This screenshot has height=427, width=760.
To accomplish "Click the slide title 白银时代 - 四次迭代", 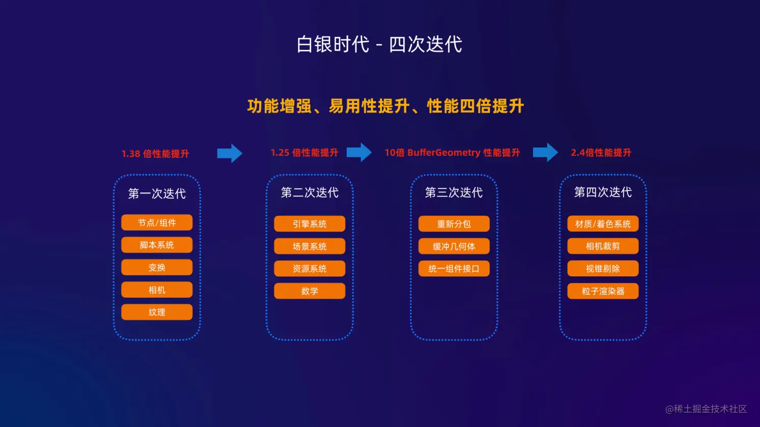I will pyautogui.click(x=379, y=44).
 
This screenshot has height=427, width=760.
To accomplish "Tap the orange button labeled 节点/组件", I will pyautogui.click(x=157, y=222).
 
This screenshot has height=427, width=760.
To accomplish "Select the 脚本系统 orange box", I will pyautogui.click(x=157, y=245).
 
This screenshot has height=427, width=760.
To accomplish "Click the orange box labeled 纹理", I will pyautogui.click(x=157, y=312).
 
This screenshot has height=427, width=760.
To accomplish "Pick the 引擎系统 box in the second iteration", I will pyautogui.click(x=310, y=224).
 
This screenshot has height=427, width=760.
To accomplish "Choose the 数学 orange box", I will pyautogui.click(x=310, y=291).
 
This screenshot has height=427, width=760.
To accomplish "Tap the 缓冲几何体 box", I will pyautogui.click(x=454, y=246).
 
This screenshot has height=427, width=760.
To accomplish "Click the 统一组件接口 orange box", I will pyautogui.click(x=454, y=269).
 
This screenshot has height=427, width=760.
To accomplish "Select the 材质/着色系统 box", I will pyautogui.click(x=603, y=224).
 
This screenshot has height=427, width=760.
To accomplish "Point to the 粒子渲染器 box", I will pyautogui.click(x=603, y=291).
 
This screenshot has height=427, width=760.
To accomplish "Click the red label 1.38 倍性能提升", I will pyautogui.click(x=155, y=154).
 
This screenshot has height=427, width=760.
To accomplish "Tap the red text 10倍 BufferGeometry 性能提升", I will pyautogui.click(x=452, y=153).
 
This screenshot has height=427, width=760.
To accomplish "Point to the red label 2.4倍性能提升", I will pyautogui.click(x=601, y=153).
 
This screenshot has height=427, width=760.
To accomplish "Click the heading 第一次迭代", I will pyautogui.click(x=157, y=193).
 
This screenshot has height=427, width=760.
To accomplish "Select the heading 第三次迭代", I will pyautogui.click(x=454, y=192).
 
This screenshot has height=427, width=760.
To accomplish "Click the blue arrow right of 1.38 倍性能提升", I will pyautogui.click(x=230, y=153).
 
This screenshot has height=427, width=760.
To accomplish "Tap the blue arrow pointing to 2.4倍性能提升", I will pyautogui.click(x=546, y=152).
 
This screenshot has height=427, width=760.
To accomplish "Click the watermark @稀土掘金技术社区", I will pyautogui.click(x=706, y=409).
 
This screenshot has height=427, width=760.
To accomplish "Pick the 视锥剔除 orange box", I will pyautogui.click(x=603, y=269).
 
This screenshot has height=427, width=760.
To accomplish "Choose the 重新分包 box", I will pyautogui.click(x=454, y=224).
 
